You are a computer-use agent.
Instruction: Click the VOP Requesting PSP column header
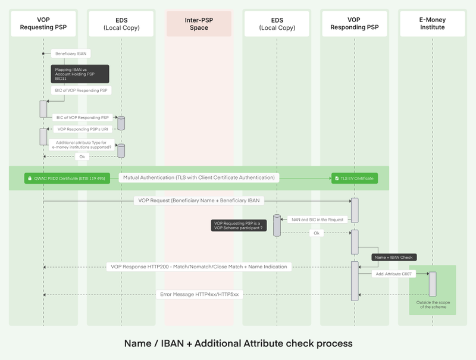pyautogui.click(x=43, y=24)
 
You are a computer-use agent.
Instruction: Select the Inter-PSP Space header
pyautogui.click(x=199, y=24)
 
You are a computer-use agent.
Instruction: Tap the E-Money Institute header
pyautogui.click(x=433, y=24)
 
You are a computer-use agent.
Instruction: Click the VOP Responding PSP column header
pyautogui.click(x=355, y=24)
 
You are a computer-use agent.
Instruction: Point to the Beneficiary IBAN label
pyautogui.click(x=71, y=54)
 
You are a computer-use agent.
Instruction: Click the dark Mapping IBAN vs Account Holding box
pyautogui.click(x=80, y=73)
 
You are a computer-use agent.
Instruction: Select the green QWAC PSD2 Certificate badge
pyautogui.click(x=67, y=178)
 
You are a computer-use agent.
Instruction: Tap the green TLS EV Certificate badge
pyautogui.click(x=355, y=178)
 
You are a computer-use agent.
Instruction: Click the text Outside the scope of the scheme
pyautogui.click(x=433, y=305)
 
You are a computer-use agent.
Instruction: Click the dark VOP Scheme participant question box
pyautogui.click(x=238, y=226)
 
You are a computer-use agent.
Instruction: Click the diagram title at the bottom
pyautogui.click(x=238, y=343)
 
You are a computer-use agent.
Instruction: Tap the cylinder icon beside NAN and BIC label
pyautogui.click(x=277, y=226)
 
